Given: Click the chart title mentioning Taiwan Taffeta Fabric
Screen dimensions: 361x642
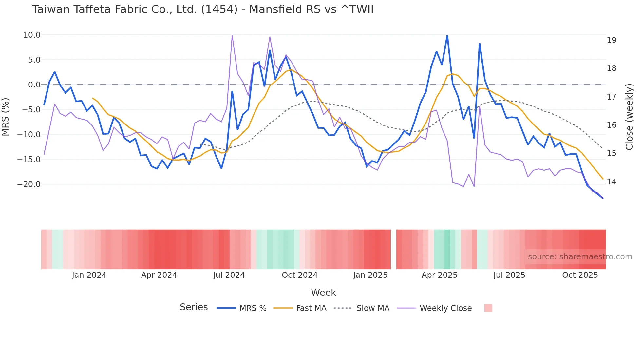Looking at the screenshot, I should click(x=202, y=9).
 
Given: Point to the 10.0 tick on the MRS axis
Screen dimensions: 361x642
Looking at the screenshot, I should click(x=32, y=35).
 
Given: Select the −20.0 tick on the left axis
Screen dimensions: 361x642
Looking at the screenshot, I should click(x=29, y=184).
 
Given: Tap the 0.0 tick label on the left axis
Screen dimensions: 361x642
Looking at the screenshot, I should click(x=34, y=85).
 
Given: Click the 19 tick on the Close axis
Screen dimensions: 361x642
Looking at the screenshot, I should click(x=611, y=40).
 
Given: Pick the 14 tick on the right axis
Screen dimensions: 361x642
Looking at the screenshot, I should click(x=611, y=182).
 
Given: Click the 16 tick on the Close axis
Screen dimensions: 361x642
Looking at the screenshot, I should click(x=611, y=125).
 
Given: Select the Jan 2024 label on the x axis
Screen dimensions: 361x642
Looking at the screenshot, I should click(x=89, y=275).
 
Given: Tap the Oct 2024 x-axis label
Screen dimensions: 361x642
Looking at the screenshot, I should click(x=299, y=275).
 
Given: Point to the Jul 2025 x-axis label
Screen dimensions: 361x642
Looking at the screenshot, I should click(x=509, y=275).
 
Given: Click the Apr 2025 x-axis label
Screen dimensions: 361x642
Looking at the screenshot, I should click(x=439, y=275).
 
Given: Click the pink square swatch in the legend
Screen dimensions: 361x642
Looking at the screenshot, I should click(x=488, y=308).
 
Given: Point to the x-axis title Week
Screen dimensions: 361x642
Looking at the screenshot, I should click(x=323, y=293).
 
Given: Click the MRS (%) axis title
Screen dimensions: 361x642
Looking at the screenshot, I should click(x=6, y=117).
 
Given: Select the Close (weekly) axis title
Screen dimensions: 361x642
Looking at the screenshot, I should click(x=629, y=117).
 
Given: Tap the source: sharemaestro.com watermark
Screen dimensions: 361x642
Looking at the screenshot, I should click(x=580, y=257).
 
